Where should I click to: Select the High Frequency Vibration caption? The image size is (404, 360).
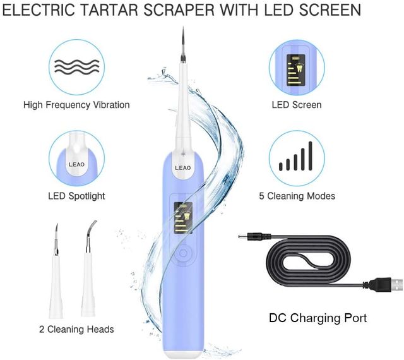click(x=76, y=105)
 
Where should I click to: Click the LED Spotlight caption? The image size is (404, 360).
click(x=76, y=196)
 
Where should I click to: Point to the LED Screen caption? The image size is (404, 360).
click(x=297, y=105)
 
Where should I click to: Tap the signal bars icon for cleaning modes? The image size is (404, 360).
click(x=297, y=158)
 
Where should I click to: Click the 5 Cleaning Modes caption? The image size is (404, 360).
click(x=297, y=196)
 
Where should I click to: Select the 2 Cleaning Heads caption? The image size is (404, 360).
click(x=76, y=329)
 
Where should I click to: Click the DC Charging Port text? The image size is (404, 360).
click(x=318, y=318)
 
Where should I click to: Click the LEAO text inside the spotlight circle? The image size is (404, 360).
click(x=76, y=162)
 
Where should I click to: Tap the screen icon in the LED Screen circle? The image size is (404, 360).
click(x=295, y=69)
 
